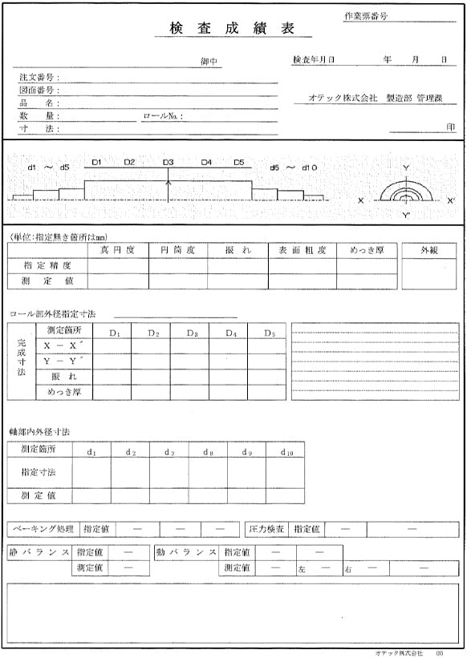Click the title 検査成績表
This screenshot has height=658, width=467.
[230, 28]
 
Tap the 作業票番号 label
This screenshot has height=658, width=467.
[365, 16]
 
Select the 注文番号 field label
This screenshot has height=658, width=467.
[38, 78]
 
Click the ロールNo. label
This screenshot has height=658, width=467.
[163, 116]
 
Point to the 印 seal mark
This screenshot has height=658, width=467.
[450, 127]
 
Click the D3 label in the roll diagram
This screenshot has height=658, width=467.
[168, 163]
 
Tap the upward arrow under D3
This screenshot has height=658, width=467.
[168, 188]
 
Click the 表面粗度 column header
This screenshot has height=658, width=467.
[303, 250]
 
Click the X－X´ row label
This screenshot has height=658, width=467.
[64, 345]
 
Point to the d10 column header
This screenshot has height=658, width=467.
[286, 453]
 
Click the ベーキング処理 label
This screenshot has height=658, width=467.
[42, 529]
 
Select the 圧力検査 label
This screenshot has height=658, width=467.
[266, 529]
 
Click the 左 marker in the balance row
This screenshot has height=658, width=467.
[302, 568]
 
